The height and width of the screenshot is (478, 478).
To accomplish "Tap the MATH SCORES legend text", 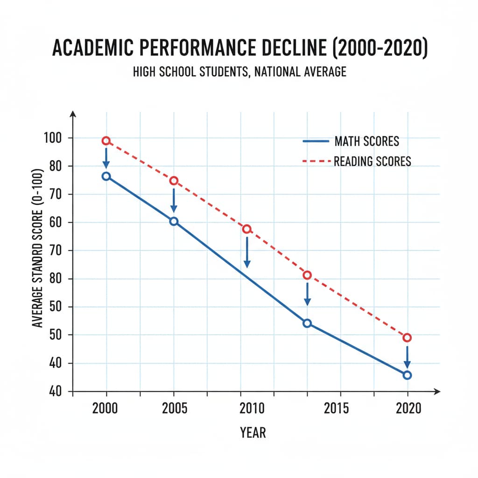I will [366, 141].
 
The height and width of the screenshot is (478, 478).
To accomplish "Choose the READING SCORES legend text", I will [372, 162].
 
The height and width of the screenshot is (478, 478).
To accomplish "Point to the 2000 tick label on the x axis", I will [105, 408].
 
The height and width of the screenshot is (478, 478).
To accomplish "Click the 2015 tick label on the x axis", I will [336, 408].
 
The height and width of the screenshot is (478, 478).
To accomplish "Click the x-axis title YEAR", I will [253, 432].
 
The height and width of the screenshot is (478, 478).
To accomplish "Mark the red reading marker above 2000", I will [106, 141].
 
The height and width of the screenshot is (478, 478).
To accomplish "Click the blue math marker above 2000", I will [106, 176].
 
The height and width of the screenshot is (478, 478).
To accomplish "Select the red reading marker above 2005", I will [174, 181].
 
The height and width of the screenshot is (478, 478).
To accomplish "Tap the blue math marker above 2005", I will [174, 221].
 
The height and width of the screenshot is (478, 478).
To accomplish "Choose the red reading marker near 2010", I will [247, 229].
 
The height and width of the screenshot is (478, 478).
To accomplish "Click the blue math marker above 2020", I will [407, 375].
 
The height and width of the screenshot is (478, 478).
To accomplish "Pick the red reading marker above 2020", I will [407, 337].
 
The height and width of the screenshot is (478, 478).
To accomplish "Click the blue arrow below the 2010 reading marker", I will [247, 252].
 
